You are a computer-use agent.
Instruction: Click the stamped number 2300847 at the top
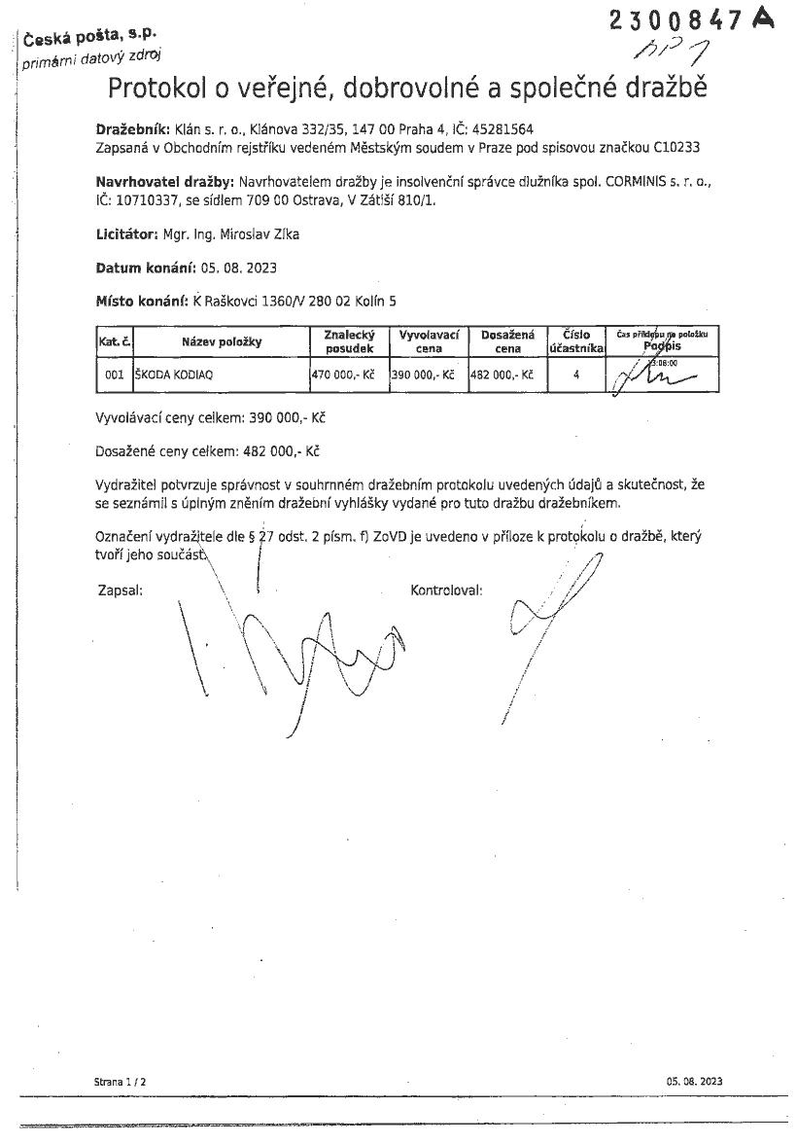(676, 20)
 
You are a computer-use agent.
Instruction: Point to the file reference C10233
(678, 147)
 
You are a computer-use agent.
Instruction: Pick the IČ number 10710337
(148, 199)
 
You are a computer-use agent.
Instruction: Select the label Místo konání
(142, 302)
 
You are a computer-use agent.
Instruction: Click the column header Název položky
(222, 341)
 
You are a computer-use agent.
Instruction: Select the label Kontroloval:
(446, 590)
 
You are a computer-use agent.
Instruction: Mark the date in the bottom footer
(694, 1082)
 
